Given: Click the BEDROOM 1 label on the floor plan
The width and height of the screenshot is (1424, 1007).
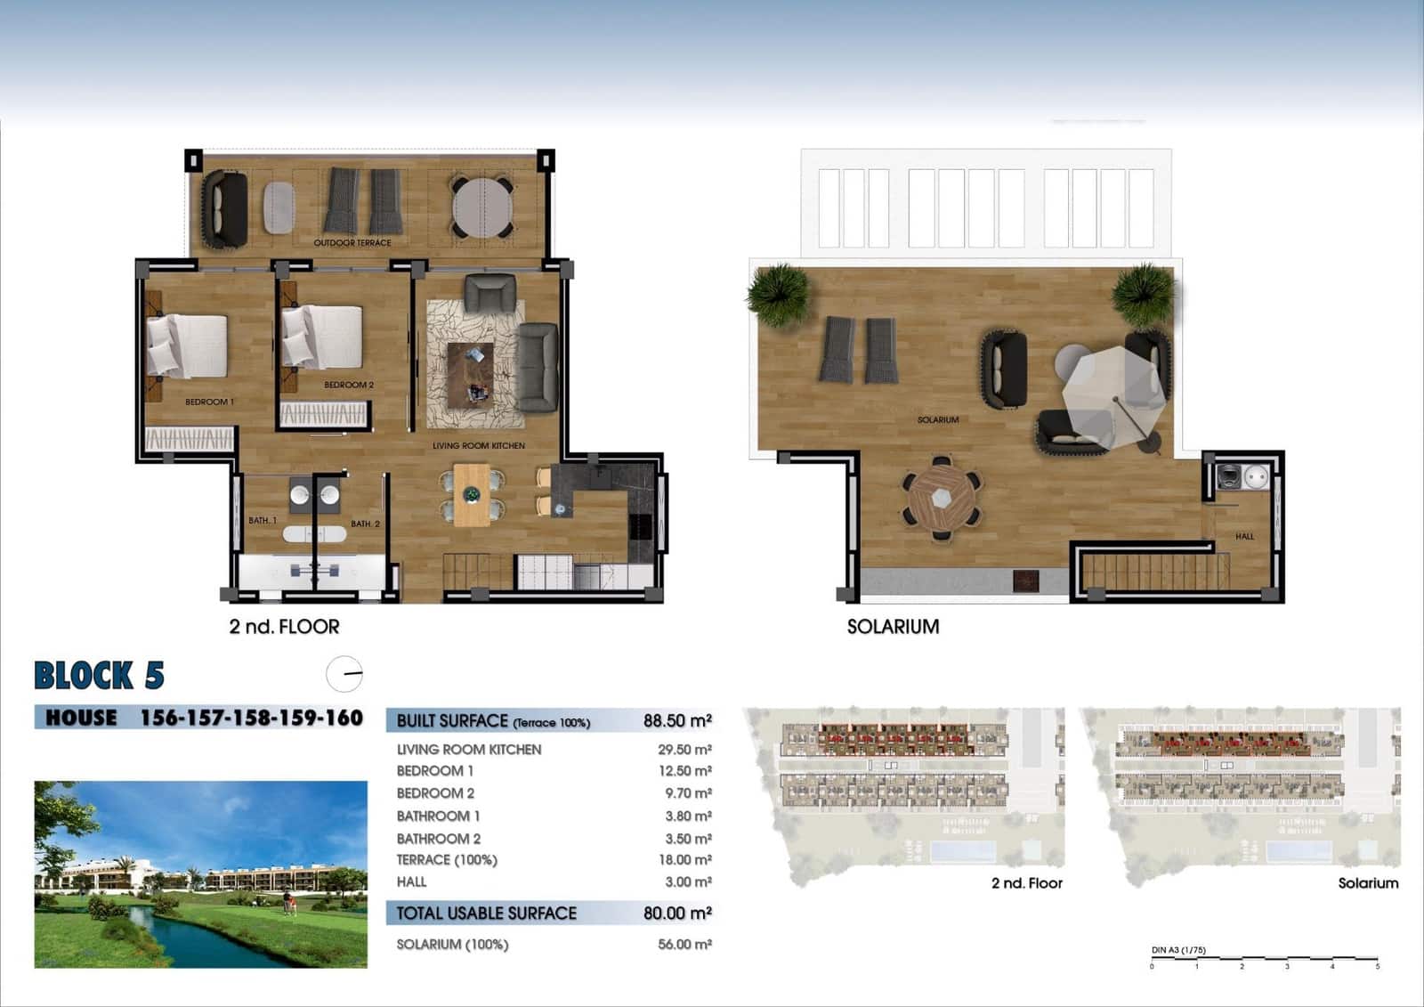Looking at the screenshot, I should pyautogui.click(x=209, y=402).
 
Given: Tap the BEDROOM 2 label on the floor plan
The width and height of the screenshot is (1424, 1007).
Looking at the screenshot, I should pyautogui.click(x=349, y=386).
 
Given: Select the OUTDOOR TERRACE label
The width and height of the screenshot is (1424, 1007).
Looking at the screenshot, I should pyautogui.click(x=352, y=243).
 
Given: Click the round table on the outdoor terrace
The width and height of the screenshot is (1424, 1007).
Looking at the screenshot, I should pyautogui.click(x=482, y=207).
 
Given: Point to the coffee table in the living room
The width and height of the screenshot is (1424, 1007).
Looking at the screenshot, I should pyautogui.click(x=470, y=375).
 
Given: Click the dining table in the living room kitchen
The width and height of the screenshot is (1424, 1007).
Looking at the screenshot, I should pyautogui.click(x=472, y=494).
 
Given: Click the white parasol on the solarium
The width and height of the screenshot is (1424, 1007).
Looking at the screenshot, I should pyautogui.click(x=1112, y=392).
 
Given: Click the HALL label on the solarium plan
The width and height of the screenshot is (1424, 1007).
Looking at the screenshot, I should pyautogui.click(x=1244, y=537).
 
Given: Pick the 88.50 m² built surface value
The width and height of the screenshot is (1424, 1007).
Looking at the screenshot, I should pyautogui.click(x=677, y=721).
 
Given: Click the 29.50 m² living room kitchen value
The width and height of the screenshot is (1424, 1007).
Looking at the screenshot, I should pyautogui.click(x=684, y=750).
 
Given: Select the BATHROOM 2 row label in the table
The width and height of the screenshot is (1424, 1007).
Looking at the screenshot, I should pyautogui.click(x=439, y=839).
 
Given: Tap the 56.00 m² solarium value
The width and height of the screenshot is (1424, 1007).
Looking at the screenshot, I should pyautogui.click(x=684, y=945).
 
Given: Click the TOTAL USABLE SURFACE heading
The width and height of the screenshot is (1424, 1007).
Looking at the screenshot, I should pyautogui.click(x=487, y=914).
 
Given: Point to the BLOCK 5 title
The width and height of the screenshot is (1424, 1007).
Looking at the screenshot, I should pyautogui.click(x=99, y=676).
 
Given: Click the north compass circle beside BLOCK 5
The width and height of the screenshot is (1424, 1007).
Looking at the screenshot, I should pyautogui.click(x=344, y=674).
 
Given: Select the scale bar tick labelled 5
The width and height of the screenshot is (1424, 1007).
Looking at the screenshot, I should pyautogui.click(x=1377, y=966).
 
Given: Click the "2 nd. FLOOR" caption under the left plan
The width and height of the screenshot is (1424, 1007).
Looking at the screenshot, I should pyautogui.click(x=284, y=627).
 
